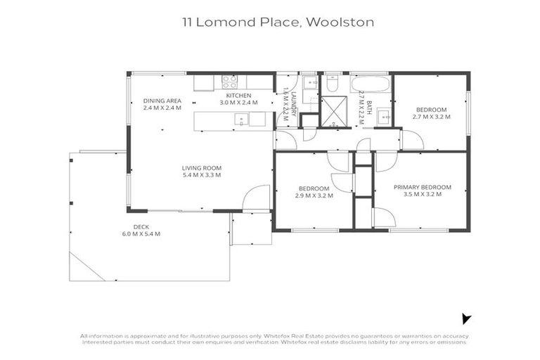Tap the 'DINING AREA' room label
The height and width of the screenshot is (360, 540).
(162, 101)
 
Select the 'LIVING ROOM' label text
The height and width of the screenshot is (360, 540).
(202, 167)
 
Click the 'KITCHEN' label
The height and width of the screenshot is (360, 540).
(238, 95)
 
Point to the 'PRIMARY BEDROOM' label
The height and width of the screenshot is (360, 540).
(422, 187)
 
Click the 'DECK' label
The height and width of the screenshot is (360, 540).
(141, 226)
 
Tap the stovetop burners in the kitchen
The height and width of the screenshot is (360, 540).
(229, 81)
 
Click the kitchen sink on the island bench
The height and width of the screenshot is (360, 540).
(240, 120)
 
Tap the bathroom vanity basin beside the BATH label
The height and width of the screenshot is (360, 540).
(382, 116)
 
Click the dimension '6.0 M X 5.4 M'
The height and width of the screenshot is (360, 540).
(141, 233)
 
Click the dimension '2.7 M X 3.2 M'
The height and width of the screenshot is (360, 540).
(430, 117)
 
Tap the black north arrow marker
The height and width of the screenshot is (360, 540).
(465, 319)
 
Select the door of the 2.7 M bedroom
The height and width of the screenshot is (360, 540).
(412, 139)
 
